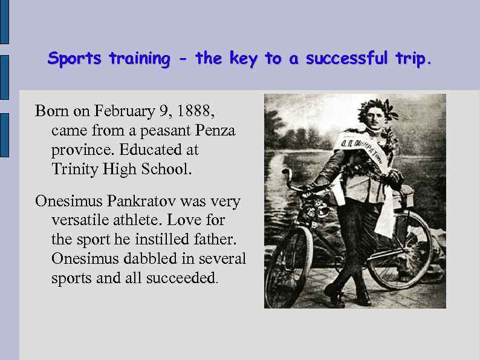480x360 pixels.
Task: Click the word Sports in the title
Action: (x=76, y=59)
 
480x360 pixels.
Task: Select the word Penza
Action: (x=215, y=130)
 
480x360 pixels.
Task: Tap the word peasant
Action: (x=167, y=130)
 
